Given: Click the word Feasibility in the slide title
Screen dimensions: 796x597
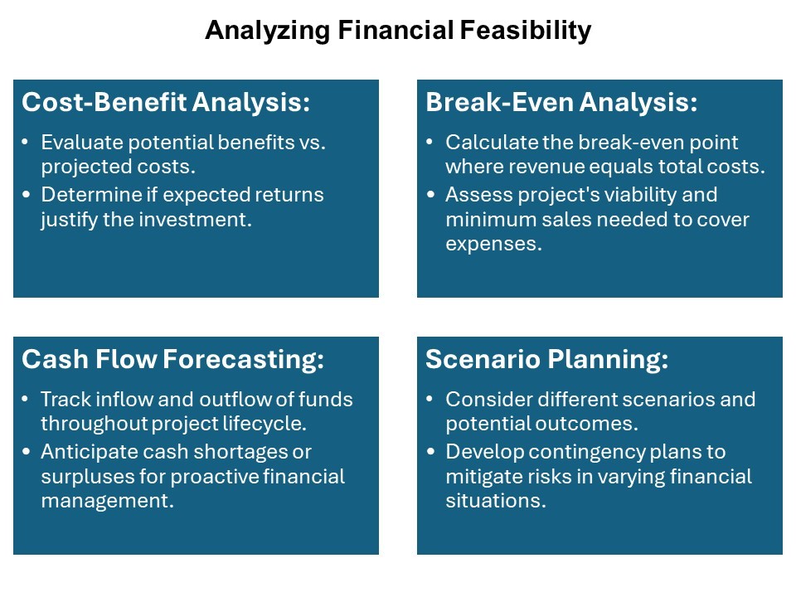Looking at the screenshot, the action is click(x=526, y=31).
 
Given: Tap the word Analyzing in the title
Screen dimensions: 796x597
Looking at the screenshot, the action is click(x=268, y=31).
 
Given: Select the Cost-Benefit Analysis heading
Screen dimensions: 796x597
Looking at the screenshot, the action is click(x=166, y=102).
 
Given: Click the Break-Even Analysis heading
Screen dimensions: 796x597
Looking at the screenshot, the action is click(x=561, y=102).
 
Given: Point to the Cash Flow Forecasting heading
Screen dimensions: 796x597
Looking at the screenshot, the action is click(x=172, y=359).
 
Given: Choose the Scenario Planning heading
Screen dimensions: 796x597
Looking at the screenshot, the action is click(x=546, y=359).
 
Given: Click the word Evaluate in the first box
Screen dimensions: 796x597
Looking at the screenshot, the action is click(x=82, y=142).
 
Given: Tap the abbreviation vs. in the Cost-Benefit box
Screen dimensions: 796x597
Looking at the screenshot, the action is click(x=313, y=143).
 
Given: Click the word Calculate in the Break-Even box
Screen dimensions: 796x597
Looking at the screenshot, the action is click(x=492, y=142).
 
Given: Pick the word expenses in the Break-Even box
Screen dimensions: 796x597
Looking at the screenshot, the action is click(x=493, y=245).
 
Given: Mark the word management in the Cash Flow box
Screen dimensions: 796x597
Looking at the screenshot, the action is click(x=107, y=502).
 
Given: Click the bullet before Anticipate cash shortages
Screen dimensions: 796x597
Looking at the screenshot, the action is click(x=26, y=451).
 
